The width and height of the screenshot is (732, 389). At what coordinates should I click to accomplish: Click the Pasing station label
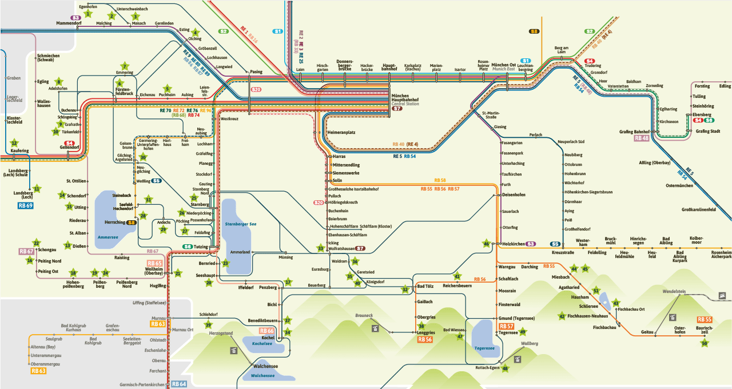tap(256, 72)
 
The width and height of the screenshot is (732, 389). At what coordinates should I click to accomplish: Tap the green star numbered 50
tap(705, 343)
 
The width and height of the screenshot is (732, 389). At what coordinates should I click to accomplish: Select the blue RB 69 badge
tap(26, 205)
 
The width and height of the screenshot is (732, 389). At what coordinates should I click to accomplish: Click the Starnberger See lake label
tap(241, 224)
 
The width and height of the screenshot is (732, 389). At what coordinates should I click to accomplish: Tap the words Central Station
tap(405, 104)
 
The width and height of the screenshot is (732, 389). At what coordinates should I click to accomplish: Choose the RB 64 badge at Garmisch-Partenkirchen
tap(179, 384)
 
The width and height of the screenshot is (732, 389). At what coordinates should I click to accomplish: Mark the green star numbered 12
tap(14, 143)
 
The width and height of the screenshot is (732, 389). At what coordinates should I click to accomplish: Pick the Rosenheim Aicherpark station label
tap(721, 255)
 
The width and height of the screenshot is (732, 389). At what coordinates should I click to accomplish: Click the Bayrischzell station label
tap(704, 330)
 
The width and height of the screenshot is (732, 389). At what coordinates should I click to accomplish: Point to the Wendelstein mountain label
tap(674, 291)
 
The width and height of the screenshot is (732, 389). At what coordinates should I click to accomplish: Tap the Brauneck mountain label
tap(364, 315)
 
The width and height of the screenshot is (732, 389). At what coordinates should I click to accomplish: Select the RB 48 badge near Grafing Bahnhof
tap(642, 138)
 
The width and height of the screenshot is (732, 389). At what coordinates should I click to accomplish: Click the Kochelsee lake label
tap(261, 343)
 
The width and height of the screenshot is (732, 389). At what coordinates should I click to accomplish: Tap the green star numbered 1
tap(87, 13)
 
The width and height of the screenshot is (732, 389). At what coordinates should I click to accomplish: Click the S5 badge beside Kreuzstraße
tap(555, 244)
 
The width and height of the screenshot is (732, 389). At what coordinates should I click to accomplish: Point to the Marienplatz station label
tap(436, 68)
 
